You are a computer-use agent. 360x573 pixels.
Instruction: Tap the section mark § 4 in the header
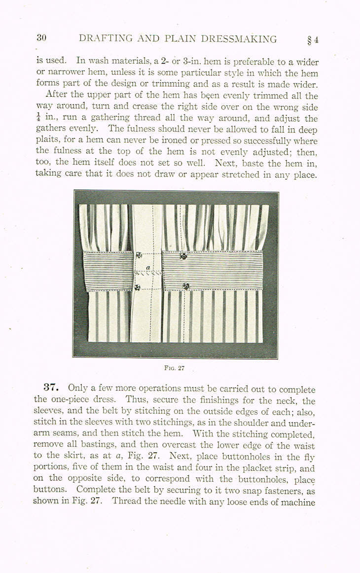tap(312, 39)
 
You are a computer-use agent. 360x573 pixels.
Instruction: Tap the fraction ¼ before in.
tap(38, 118)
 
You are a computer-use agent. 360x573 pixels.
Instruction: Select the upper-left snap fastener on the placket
tap(139, 255)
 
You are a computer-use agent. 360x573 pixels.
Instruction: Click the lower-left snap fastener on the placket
tap(137, 287)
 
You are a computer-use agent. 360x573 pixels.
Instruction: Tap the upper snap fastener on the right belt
tap(183, 256)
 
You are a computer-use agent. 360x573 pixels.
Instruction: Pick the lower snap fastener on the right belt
tap(186, 286)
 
